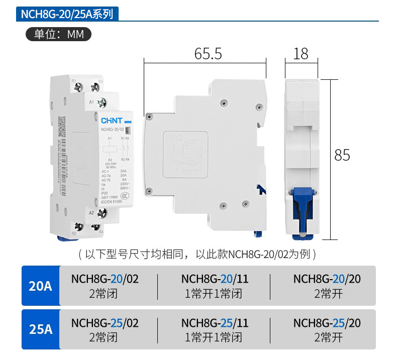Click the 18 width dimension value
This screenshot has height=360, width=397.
(x=301, y=54)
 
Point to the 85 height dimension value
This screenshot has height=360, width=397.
(x=342, y=155)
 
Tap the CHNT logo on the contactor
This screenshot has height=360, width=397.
(x=111, y=121)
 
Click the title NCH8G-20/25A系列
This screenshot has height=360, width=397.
(x=70, y=14)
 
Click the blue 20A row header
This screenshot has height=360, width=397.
(x=41, y=286)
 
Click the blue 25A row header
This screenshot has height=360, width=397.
(x=41, y=329)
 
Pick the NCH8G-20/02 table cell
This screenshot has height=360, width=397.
(x=105, y=286)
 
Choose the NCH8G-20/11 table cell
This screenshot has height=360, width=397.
(x=215, y=286)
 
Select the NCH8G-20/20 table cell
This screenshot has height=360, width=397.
(x=327, y=286)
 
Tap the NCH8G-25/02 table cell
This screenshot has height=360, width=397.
(x=105, y=329)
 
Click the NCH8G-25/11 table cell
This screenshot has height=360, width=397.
(x=215, y=329)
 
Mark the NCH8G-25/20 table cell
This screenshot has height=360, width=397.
(x=327, y=329)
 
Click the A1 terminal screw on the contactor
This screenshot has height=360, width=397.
(x=102, y=103)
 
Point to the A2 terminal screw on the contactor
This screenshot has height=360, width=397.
(x=102, y=213)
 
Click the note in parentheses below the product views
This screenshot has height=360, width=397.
(x=197, y=254)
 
